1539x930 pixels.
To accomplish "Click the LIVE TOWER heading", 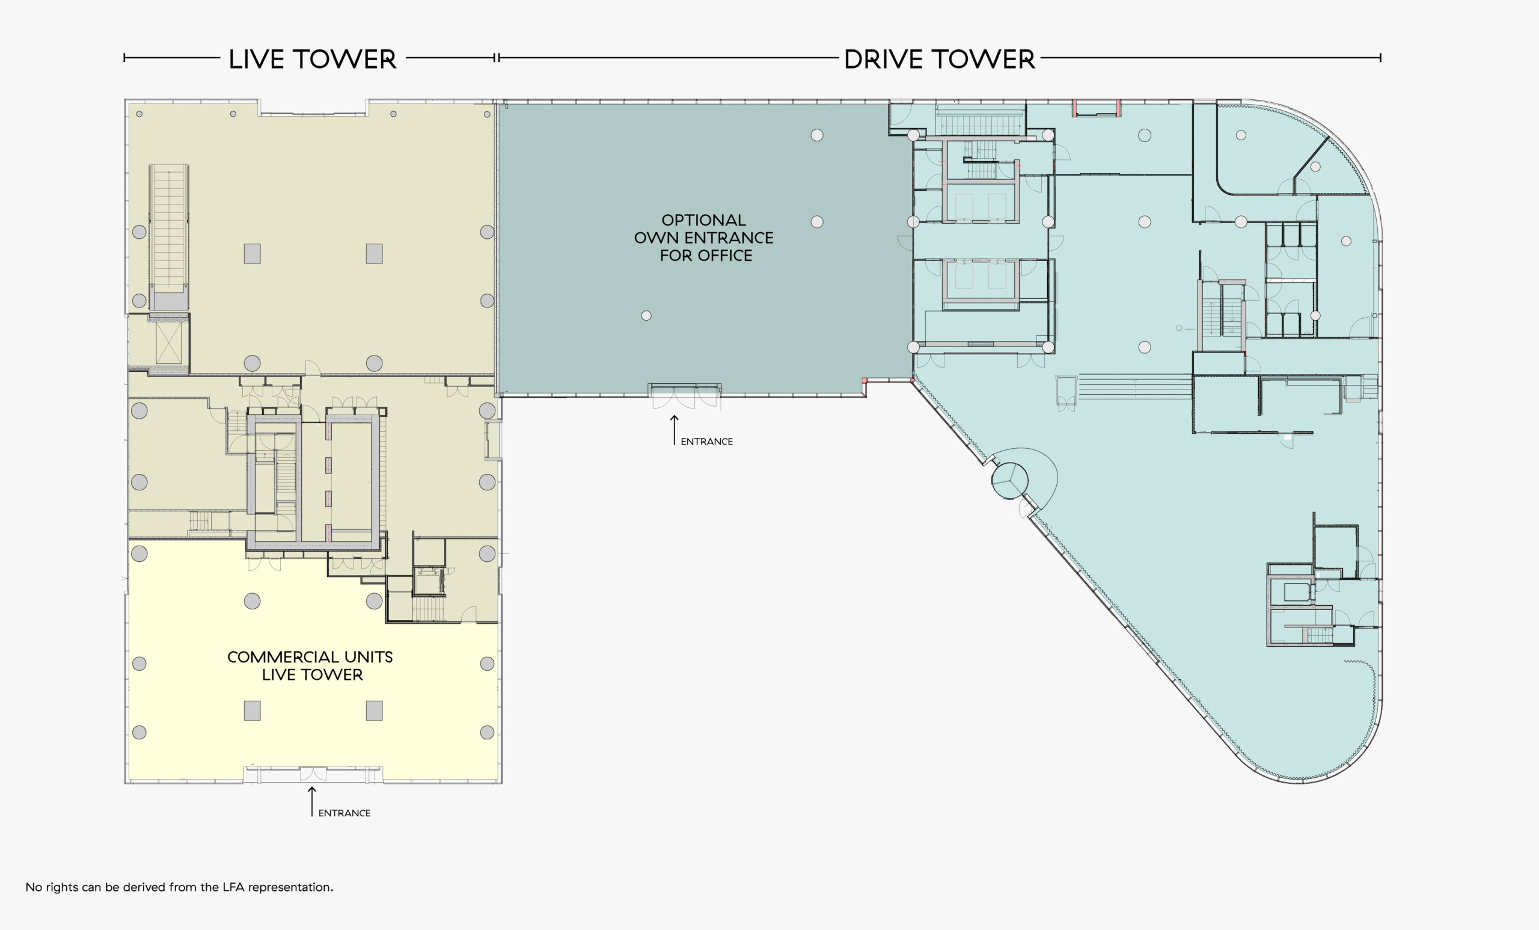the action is (312, 60).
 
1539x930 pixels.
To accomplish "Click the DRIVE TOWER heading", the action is (940, 60).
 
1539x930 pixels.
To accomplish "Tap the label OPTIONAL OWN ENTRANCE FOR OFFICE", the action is (704, 238).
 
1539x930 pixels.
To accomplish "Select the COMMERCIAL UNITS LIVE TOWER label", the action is (310, 666).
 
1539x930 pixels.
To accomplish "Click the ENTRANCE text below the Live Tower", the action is (344, 813).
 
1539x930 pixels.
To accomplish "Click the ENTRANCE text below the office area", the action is (706, 442).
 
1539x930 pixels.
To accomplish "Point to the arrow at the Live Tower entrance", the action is (311, 801).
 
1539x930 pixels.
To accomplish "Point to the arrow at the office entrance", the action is (675, 430).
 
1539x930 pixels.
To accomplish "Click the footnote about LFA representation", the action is (179, 887).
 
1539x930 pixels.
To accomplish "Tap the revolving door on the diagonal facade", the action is (1009, 481).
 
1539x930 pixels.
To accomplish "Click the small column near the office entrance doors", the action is (646, 316).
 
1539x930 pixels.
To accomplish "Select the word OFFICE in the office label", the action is (724, 256).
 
